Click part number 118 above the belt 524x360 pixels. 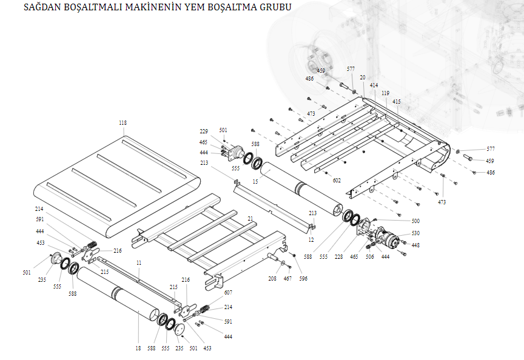pos(123,123)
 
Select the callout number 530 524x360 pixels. pos(415,233)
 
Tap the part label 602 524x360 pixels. pos(337,180)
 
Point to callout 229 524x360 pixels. pos(204,132)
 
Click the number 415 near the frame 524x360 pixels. pos(397,101)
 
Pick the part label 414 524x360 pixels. pos(374,85)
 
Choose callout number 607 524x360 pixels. pos(228,293)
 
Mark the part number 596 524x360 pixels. pos(303,279)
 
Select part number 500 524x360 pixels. pos(415,221)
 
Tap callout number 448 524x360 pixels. pos(415,245)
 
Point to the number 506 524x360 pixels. pos(370,256)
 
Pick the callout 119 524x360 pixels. pos(385,93)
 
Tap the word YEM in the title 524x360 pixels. pos(185,8)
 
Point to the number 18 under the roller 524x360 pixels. pos(138,348)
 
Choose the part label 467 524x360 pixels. pos(288,279)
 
